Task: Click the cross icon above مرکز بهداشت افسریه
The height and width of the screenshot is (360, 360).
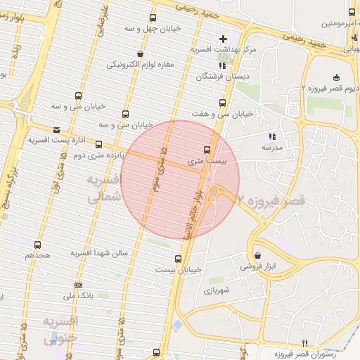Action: click(224, 38)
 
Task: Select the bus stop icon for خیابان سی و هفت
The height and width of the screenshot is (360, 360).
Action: click(223, 103)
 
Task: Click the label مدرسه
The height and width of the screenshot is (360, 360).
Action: click(272, 148)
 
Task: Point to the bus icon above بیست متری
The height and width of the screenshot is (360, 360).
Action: click(206, 150)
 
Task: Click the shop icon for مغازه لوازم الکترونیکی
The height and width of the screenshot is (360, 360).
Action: click(141, 53)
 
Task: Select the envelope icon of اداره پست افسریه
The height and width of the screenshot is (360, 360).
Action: click(57, 129)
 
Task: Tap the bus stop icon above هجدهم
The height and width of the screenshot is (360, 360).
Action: click(37, 245)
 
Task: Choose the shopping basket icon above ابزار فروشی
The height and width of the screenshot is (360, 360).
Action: click(258, 256)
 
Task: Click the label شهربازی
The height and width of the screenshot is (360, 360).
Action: click(219, 289)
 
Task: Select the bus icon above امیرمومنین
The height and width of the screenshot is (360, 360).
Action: click(352, 12)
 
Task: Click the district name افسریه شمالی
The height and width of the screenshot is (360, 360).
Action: click(103, 189)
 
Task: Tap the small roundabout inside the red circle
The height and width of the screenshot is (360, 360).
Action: click(213, 191)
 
